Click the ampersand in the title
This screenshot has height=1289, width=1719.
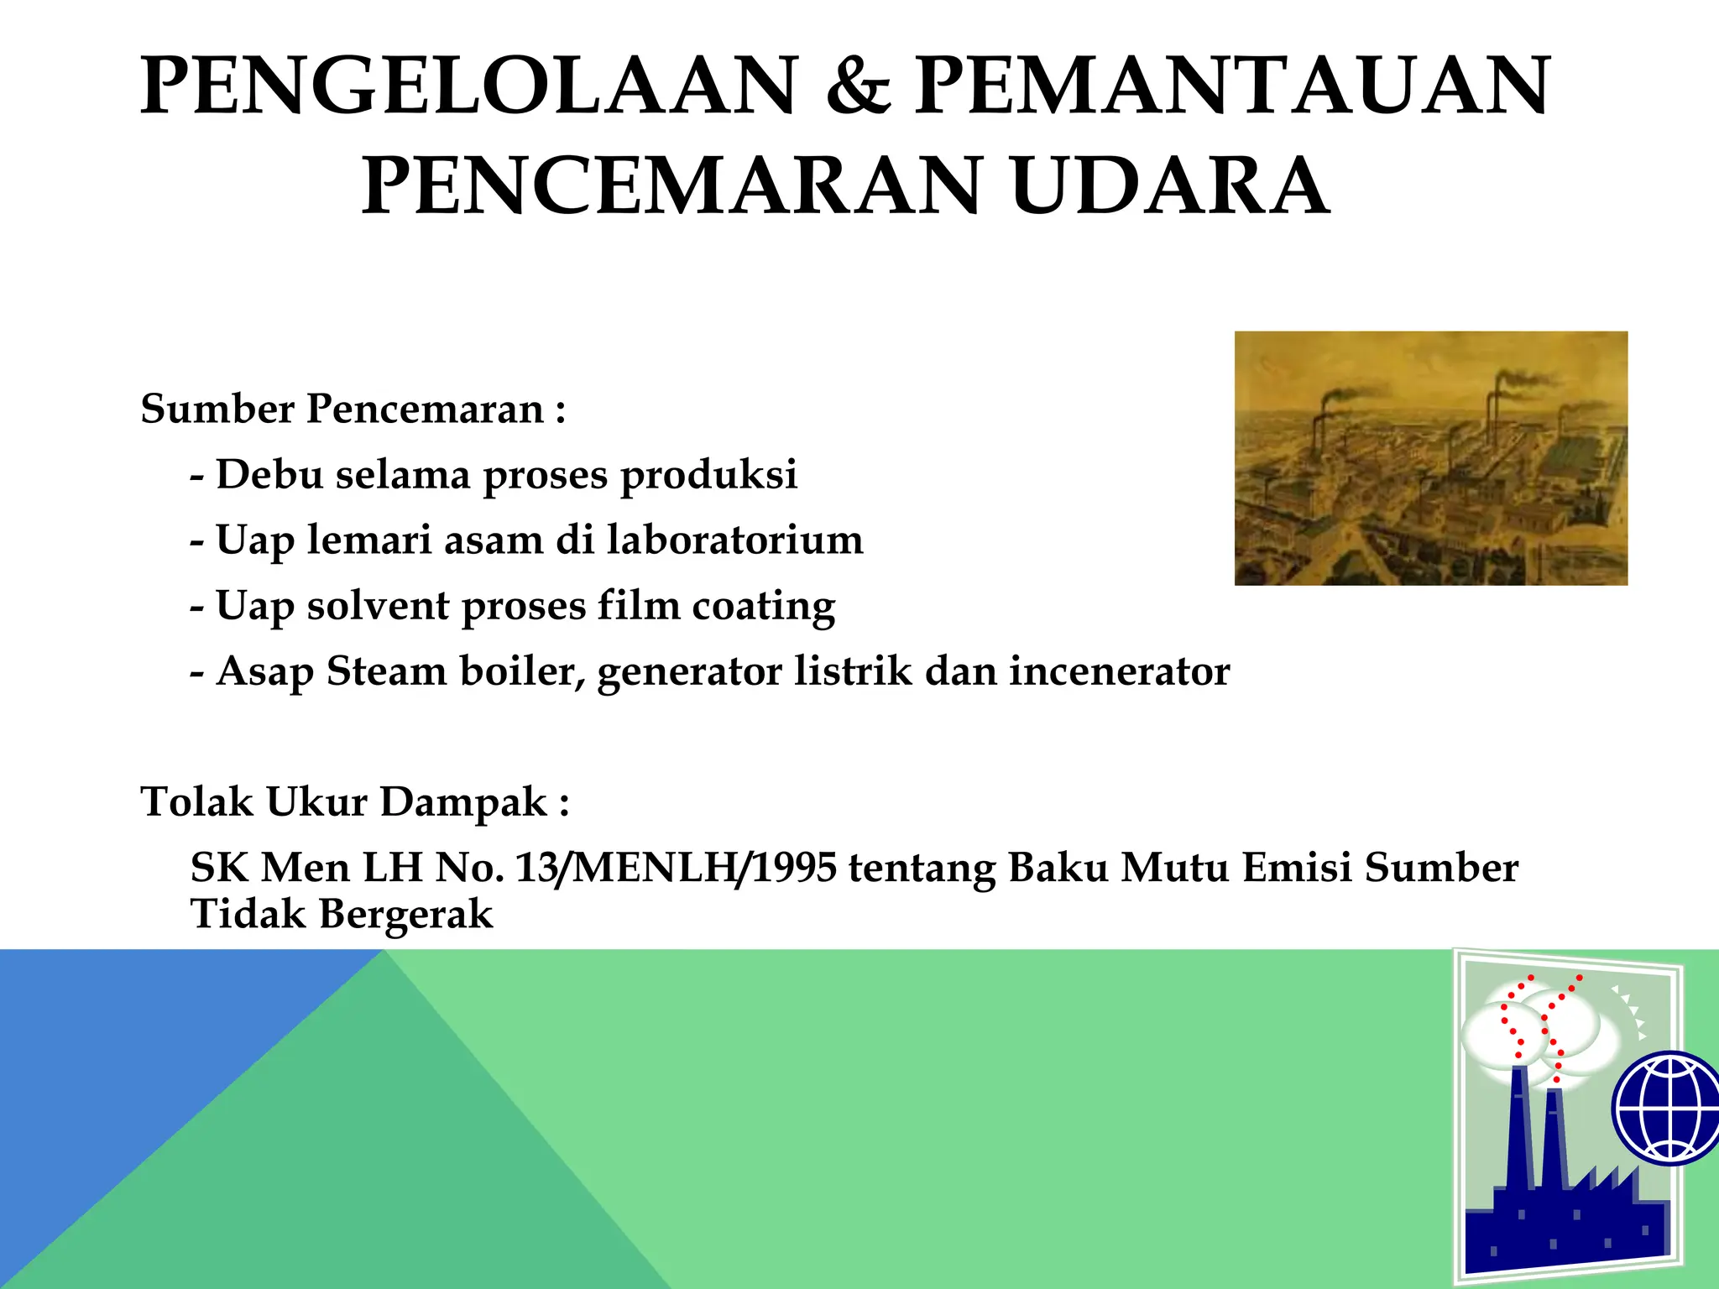(857, 86)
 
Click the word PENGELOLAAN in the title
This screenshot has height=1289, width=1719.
(468, 86)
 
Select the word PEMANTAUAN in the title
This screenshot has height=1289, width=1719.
(1232, 86)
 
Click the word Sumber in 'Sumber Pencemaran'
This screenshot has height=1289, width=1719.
(217, 410)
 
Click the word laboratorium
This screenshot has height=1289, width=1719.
(734, 540)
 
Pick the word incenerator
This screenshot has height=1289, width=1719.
(1119, 671)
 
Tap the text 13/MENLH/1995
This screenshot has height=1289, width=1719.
(676, 868)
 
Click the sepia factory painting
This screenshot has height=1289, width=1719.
(1430, 458)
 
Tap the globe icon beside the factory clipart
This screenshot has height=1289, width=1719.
(1667, 1108)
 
